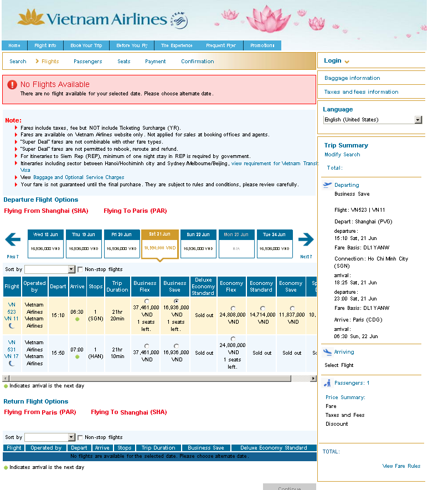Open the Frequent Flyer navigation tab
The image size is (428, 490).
(220, 45)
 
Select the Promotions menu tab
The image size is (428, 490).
(262, 45)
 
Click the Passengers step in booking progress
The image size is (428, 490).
(87, 62)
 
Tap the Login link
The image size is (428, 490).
(333, 61)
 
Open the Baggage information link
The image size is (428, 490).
(352, 78)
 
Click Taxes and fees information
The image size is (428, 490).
(361, 92)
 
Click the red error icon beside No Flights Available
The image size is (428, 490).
(12, 85)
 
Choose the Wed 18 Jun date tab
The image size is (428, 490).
(45, 244)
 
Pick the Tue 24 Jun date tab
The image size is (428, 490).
(275, 244)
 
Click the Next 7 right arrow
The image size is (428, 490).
(306, 240)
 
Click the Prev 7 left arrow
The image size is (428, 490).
(13, 240)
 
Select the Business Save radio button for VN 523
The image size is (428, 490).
(176, 301)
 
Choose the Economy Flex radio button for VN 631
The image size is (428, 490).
(233, 339)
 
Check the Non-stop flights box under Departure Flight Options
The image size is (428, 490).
(80, 269)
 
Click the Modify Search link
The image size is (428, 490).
(342, 155)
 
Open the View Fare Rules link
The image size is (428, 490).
(401, 466)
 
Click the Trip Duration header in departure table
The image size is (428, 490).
(117, 287)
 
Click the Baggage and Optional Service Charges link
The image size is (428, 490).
(86, 177)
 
